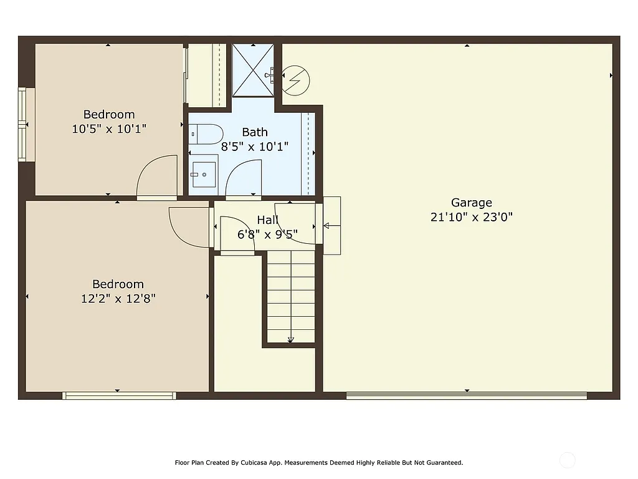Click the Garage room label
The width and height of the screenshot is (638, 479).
point(471,203)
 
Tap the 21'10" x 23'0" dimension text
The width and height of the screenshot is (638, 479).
point(471,218)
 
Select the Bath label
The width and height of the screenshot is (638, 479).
point(254,132)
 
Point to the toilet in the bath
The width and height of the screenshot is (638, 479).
point(206,133)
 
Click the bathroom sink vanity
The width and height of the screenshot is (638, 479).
point(203,174)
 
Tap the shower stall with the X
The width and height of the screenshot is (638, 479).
point(253,70)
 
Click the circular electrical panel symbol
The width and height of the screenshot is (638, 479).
point(296,80)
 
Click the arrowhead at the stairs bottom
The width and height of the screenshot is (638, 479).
point(291,340)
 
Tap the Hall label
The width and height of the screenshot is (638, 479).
point(267,220)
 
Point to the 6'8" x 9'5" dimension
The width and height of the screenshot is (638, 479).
point(267,235)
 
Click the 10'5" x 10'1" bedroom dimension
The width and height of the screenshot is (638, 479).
point(109,129)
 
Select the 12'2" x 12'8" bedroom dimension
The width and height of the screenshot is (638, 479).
point(118,299)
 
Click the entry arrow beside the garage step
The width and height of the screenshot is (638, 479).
point(331,226)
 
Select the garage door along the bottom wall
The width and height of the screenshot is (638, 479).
point(466,395)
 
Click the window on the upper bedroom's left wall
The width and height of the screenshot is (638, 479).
point(22,125)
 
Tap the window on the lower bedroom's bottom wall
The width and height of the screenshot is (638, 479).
point(119,395)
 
